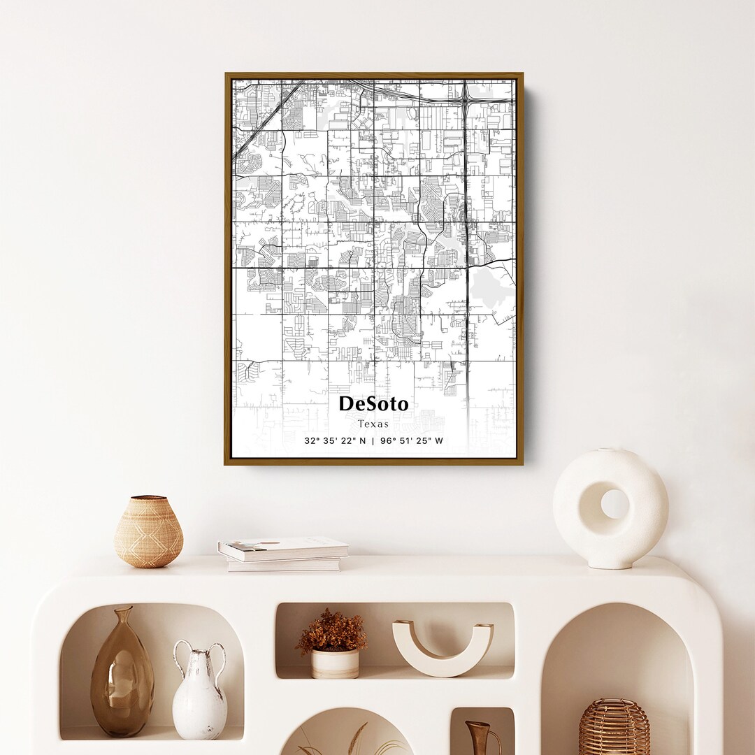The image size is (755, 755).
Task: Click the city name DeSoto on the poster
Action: click(373, 404)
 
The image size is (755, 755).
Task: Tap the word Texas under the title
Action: click(373, 424)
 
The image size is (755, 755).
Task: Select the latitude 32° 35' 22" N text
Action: click(335, 441)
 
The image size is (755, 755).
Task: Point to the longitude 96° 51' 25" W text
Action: click(412, 441)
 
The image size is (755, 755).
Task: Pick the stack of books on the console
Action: click(282, 554)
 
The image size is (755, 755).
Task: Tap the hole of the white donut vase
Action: click(614, 503)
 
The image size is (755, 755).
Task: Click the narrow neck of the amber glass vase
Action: click(123, 619)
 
